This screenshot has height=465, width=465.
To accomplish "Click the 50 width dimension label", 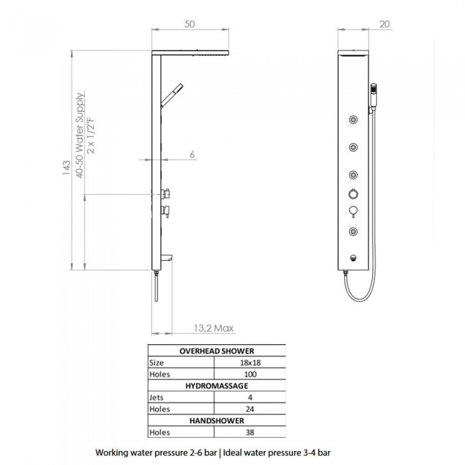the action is (x=189, y=24).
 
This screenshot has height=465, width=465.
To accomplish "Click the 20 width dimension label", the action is (x=385, y=24).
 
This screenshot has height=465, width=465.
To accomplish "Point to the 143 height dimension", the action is (x=66, y=167).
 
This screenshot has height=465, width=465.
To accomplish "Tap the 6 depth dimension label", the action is (x=192, y=155).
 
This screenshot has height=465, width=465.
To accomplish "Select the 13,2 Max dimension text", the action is (x=213, y=328).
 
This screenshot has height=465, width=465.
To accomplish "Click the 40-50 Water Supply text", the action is (x=80, y=136).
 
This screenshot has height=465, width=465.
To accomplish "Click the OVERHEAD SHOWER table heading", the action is (x=217, y=351).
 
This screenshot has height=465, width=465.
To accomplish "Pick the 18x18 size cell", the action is (x=250, y=363).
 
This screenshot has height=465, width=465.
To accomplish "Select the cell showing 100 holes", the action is (x=250, y=374).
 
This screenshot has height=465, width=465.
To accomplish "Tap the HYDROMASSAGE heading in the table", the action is (x=217, y=386).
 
